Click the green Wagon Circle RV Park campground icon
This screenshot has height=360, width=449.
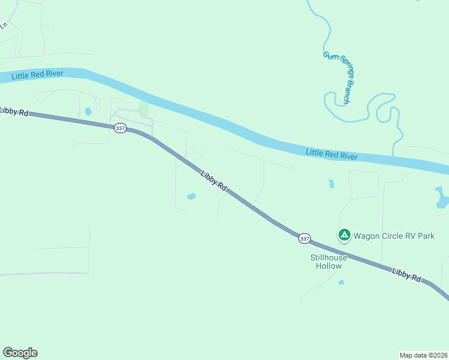tap(344, 235)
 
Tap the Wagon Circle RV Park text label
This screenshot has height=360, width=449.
tap(394, 236)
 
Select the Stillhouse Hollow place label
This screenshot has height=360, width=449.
tap(328, 262)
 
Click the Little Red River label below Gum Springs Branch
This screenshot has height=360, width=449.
tap(331, 154)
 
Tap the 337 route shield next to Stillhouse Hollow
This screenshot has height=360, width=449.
tap(304, 239)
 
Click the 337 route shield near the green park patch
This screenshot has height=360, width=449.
tap(119, 128)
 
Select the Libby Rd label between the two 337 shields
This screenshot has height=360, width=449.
tap(213, 181)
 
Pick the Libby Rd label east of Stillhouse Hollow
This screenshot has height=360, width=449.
tap(407, 275)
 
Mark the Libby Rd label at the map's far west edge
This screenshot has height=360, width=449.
tap(13, 110)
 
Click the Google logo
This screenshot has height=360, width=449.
tap(20, 353)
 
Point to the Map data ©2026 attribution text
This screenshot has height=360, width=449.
tap(423, 355)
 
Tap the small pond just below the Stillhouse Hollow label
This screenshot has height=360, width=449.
tap(341, 281)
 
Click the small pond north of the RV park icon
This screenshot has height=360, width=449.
tap(331, 184)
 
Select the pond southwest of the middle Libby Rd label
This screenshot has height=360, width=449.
tap(191, 196)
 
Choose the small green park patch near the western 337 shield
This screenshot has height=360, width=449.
tap(143, 109)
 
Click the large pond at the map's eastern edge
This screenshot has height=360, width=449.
tap(441, 197)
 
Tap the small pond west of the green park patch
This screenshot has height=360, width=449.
tap(88, 111)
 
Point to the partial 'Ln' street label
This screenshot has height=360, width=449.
tap(4, 25)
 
